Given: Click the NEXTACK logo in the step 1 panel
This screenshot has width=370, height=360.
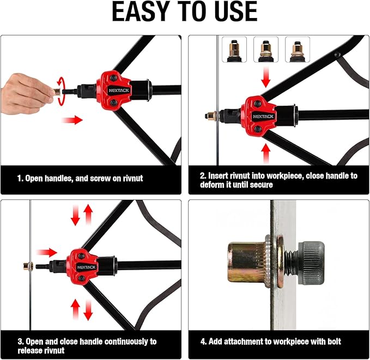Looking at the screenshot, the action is [119, 90].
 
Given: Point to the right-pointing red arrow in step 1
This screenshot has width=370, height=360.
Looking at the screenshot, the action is [72, 120].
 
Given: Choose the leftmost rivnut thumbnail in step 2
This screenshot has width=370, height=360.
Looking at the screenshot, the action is [234, 50].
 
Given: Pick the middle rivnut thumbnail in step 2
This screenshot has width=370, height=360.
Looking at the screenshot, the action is [266, 50].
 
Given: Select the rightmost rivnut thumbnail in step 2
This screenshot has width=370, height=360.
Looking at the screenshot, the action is [298, 50].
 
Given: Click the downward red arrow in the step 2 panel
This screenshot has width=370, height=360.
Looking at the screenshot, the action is [266, 77].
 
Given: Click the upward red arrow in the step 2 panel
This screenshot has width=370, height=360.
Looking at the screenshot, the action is [266, 154].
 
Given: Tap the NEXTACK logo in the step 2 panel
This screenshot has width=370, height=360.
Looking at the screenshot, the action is [263, 117].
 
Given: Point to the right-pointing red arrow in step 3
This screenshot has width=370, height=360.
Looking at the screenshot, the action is [46, 253].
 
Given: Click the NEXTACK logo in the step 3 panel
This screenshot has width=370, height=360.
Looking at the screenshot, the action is [86, 267].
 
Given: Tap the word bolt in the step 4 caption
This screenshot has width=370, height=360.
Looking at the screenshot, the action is [334, 341].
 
